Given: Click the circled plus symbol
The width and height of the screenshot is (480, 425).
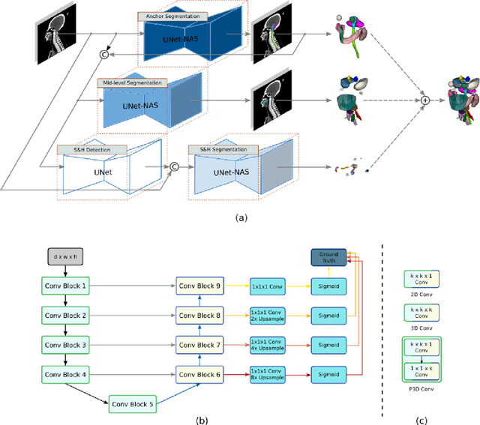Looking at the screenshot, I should coord(424,99).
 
